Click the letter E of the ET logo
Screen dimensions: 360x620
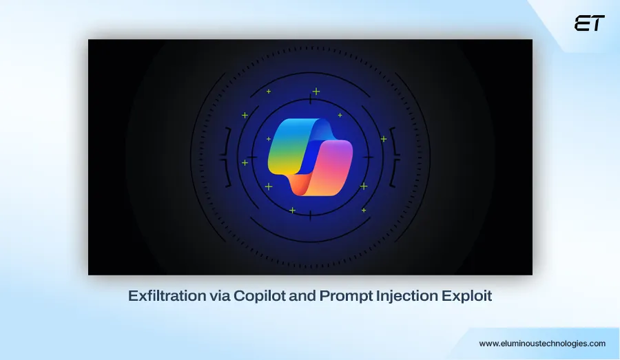click(581, 23)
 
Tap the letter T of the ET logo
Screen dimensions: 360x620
click(597, 23)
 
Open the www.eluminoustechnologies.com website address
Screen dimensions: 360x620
click(542, 343)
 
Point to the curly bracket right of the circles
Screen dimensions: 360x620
click(394, 157)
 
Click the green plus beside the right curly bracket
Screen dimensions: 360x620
click(383, 139)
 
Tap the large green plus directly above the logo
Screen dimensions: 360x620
click(316, 92)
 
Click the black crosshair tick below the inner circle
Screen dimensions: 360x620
click(309, 215)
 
